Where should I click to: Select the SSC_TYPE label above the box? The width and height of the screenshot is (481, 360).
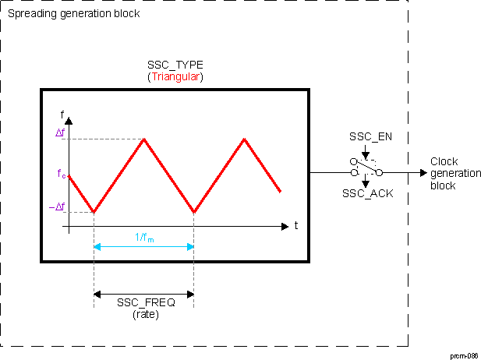175,65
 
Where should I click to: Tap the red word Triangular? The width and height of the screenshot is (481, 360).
175,77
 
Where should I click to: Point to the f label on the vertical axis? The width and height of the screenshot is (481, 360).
62,113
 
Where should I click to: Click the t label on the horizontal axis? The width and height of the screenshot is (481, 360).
297,227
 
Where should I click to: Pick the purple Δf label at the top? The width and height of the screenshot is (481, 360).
60,133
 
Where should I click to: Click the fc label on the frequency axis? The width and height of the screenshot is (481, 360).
62,175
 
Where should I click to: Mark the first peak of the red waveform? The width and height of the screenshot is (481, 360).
143,139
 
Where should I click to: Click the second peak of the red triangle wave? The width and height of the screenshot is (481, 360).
245,139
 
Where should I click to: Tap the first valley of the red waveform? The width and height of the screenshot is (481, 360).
94,211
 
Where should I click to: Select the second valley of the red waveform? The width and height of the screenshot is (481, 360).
193,211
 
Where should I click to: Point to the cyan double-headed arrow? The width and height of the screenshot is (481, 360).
143,247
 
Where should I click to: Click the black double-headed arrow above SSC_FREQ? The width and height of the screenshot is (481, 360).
143,294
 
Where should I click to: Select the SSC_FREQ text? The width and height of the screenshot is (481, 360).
146,303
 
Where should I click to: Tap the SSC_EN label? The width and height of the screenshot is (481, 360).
366,138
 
